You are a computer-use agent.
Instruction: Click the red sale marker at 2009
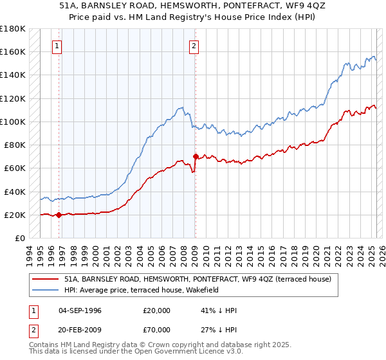(x=196, y=156)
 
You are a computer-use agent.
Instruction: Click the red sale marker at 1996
(x=59, y=215)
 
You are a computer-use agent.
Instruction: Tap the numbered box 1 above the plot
(x=57, y=46)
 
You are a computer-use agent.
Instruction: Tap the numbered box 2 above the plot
(x=194, y=46)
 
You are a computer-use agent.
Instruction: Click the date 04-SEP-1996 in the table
(x=80, y=310)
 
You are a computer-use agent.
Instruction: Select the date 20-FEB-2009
(x=80, y=331)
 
